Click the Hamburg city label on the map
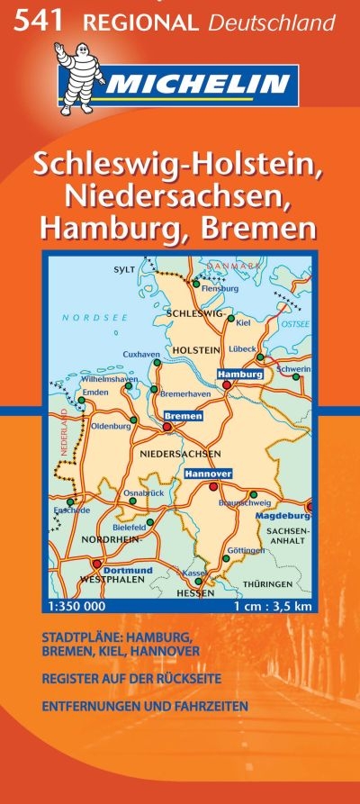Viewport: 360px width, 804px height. click(239, 374)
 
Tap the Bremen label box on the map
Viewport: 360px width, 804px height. click(183, 416)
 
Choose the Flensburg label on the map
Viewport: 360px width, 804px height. click(220, 289)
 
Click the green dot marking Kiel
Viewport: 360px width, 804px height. click(231, 318)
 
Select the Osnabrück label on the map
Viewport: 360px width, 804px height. click(143, 492)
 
